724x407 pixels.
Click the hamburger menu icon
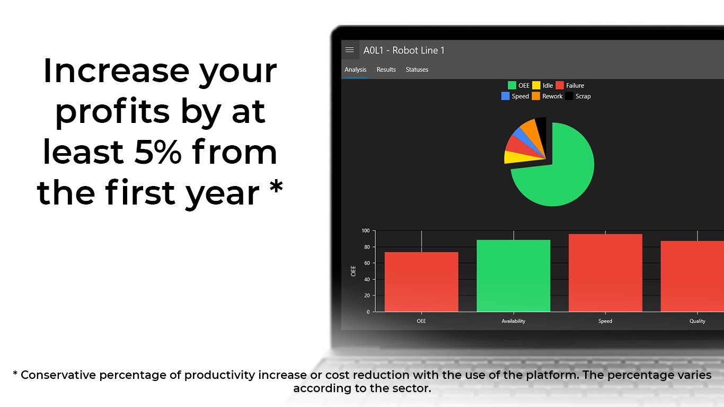point(349,50)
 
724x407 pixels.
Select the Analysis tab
point(355,69)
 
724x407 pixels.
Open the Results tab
point(386,69)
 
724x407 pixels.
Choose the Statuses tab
point(417,69)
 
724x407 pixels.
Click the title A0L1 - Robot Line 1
point(404,50)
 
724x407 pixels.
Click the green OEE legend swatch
point(511,85)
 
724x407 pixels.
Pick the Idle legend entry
point(543,85)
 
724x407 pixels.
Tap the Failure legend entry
point(570,85)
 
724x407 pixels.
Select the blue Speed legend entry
point(515,96)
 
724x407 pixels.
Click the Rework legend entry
point(547,96)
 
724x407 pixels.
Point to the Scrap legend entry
point(578,96)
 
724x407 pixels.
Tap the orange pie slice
point(533,131)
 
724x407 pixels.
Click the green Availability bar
point(513,276)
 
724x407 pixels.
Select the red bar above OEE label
point(421,282)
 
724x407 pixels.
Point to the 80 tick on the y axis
point(367,247)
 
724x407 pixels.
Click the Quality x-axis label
point(697,321)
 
